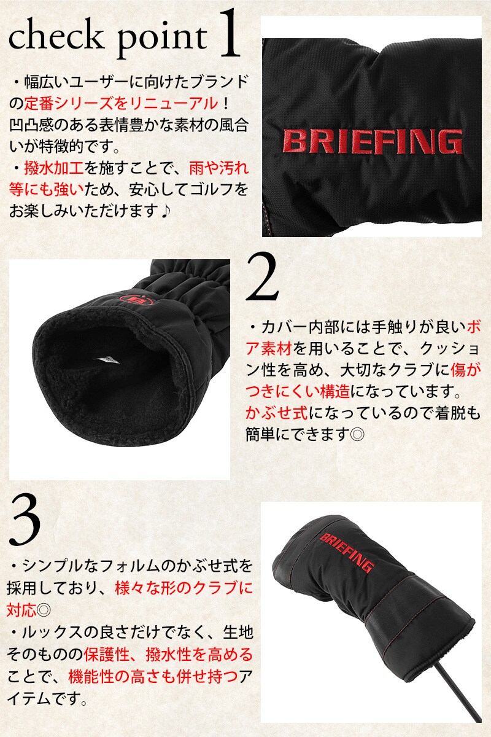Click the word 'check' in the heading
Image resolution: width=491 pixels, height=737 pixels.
click(55, 37)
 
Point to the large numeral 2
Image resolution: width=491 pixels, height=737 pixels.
click(262, 277)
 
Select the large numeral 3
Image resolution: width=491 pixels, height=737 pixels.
click(25, 519)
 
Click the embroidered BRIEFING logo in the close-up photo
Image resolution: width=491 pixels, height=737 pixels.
click(373, 142)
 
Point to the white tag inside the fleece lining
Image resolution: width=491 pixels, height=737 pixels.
click(107, 360)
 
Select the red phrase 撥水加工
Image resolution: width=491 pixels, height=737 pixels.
click(54, 168)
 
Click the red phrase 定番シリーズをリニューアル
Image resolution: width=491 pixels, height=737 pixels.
click(121, 104)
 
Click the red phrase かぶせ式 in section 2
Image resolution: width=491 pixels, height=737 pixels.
click(277, 413)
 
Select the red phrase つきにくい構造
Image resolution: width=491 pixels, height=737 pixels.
click(298, 392)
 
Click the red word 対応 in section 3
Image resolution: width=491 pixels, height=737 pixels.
click(21, 610)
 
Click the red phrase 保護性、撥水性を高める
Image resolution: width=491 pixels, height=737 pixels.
click(168, 655)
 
